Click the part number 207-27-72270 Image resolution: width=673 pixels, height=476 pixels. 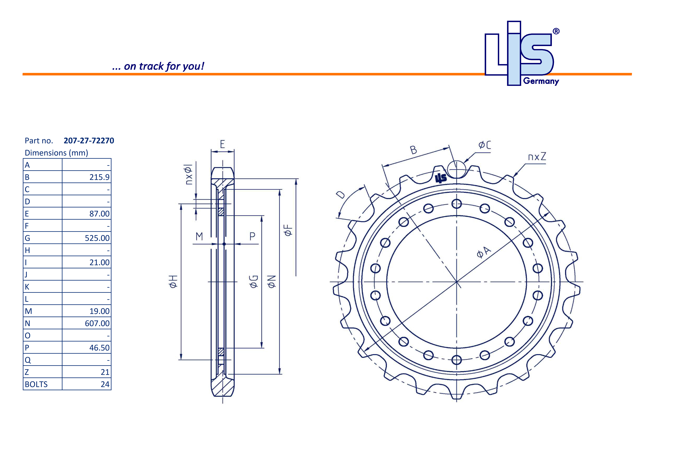coord(89,141)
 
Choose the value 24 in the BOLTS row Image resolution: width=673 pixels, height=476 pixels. coord(105,384)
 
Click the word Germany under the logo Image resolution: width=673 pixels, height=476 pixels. coord(541,81)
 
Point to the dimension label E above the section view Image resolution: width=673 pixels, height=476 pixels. coord(222,144)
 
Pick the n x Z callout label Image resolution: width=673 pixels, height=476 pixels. coord(537,157)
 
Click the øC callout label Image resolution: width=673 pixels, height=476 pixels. coord(485,145)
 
